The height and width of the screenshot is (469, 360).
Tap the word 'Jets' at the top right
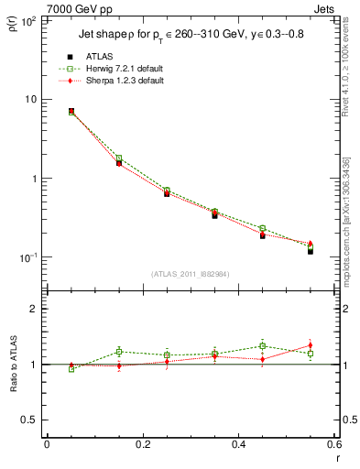(325, 8)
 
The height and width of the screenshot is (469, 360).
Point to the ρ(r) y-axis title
(14, 26)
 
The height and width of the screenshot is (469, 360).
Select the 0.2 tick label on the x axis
(142, 445)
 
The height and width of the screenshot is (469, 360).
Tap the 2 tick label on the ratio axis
(35, 310)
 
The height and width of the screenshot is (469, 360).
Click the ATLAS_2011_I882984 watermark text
(191, 274)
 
